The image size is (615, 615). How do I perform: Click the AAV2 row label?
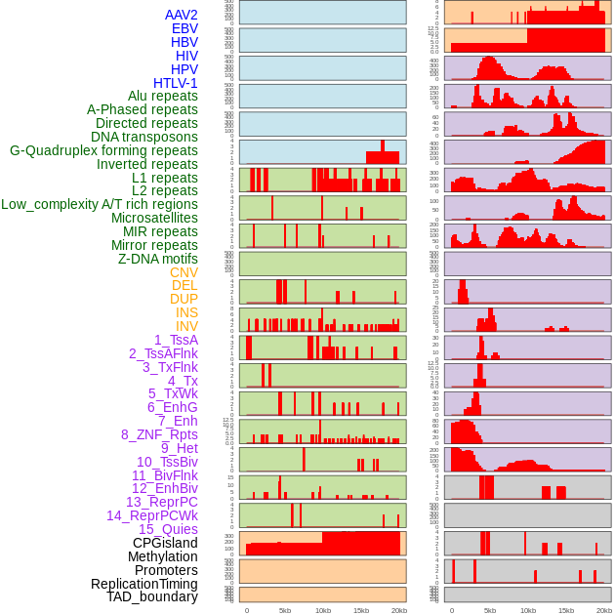coord(181,15)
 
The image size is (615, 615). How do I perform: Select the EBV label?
coord(184,28)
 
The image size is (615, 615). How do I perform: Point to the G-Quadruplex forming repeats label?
coord(103,150)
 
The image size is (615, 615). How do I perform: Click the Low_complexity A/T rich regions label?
coord(100,204)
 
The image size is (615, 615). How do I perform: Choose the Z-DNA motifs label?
coord(158,259)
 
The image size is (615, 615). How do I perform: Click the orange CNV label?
coord(184,272)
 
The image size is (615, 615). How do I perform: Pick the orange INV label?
coord(186,326)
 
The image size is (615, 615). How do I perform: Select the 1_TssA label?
coord(176,340)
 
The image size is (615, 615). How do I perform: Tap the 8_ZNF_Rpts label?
coord(159,434)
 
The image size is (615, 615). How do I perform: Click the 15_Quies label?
coord(168,529)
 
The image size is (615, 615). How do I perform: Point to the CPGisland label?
coord(165,543)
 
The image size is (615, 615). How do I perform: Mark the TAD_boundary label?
coord(152,596)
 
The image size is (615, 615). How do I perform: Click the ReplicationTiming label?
coord(144,584)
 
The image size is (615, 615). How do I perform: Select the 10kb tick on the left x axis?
coord(322,610)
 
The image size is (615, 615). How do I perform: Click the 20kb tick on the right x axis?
coord(604,610)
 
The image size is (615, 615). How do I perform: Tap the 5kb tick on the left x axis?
coord(285,610)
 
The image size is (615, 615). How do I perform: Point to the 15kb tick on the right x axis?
coord(566,610)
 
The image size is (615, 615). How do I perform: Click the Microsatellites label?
coord(154,218)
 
